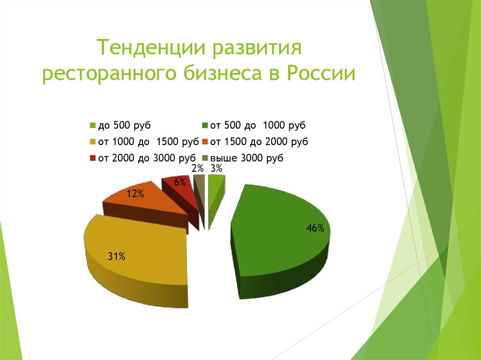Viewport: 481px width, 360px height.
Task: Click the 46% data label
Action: point(315,229)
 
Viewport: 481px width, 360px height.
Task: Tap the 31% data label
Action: point(116,256)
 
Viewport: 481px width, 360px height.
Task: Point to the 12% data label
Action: point(134,193)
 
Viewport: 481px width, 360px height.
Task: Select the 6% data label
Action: point(179,183)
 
